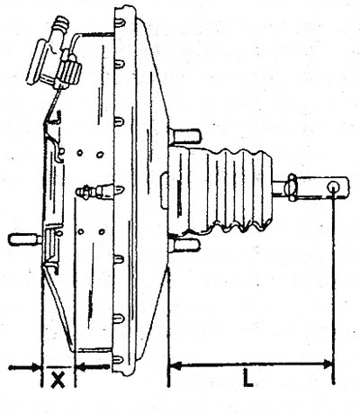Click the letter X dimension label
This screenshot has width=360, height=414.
tap(58, 381)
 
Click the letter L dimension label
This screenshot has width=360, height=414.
tap(248, 378)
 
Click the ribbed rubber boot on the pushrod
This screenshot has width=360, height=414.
tap(220, 191)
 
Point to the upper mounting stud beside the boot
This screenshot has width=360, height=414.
tap(185, 136)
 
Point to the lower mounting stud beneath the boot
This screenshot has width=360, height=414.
tap(184, 245)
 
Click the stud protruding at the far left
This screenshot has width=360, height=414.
tap(25, 239)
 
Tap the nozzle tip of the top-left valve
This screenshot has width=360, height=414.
tap(60, 22)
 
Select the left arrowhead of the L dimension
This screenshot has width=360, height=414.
tap(175, 365)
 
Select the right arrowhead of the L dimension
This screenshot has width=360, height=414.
tap(327, 365)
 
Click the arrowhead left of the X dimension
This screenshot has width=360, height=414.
tap(36, 367)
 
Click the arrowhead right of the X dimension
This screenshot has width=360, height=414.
tap(80, 366)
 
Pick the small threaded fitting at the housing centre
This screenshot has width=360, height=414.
tap(95, 191)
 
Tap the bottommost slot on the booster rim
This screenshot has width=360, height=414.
tap(120, 359)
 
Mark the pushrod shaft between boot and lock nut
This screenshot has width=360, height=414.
tap(280, 187)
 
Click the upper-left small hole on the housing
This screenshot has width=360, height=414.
tap(80, 153)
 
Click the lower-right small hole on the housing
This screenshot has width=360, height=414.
tap(102, 232)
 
